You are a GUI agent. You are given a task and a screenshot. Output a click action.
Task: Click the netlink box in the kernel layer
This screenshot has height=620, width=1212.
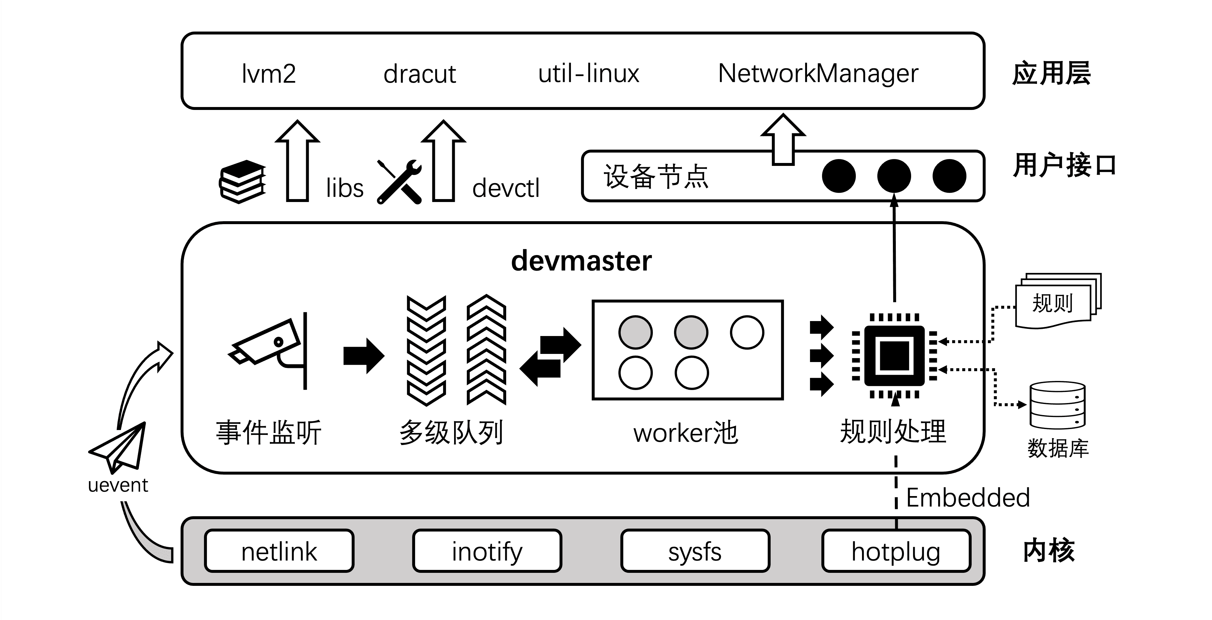click(279, 551)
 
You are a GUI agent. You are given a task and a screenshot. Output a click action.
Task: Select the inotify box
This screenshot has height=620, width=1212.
click(487, 551)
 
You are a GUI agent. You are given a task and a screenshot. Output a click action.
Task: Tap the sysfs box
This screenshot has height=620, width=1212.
click(695, 551)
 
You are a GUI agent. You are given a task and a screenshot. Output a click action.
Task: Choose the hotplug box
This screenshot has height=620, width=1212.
click(896, 551)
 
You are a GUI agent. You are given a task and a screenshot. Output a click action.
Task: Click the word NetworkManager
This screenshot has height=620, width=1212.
click(818, 74)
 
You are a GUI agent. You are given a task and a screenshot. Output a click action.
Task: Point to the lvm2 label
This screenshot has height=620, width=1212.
click(269, 74)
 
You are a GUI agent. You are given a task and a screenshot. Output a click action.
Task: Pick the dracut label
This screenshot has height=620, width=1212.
click(419, 74)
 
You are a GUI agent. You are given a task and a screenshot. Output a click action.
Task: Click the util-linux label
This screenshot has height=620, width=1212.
click(588, 74)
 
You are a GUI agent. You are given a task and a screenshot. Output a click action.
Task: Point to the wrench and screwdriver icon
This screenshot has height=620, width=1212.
click(399, 182)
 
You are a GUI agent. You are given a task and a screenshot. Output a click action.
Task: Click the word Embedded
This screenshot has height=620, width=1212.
click(968, 498)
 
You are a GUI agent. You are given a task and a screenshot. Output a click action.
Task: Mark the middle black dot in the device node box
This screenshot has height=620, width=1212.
click(894, 176)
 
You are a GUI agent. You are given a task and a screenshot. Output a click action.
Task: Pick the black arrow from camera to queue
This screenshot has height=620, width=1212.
click(364, 356)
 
